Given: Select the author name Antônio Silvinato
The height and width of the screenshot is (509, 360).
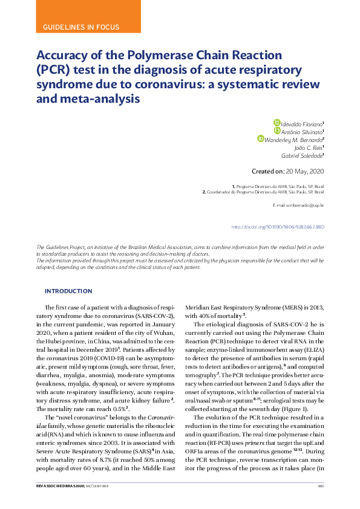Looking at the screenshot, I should [303, 131].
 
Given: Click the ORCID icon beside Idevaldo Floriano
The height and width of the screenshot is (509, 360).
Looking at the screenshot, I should [277, 123].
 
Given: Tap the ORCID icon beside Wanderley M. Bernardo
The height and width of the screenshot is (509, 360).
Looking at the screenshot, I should [261, 139].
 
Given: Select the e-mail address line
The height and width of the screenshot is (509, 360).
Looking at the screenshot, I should [298, 206].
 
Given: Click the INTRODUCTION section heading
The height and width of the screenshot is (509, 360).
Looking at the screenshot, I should [68, 291].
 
